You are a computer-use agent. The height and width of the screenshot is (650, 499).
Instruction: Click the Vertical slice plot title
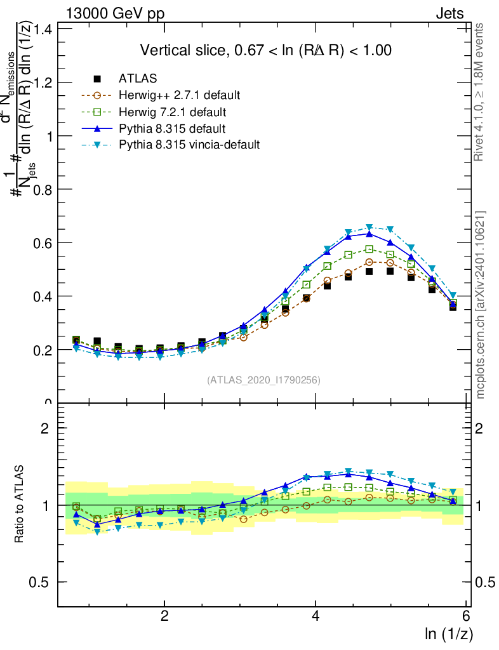point(265,50)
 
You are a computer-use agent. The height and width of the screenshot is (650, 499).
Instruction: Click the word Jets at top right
point(449,14)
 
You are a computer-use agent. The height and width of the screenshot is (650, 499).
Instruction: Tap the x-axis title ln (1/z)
point(449,633)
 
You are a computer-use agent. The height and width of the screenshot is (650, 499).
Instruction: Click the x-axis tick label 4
point(316,616)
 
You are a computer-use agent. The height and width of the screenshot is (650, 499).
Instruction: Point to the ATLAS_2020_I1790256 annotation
point(263,380)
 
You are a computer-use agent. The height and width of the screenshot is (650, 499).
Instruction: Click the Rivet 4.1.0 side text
point(481,92)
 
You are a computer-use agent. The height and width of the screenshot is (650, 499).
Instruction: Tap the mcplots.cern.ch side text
point(481,305)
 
